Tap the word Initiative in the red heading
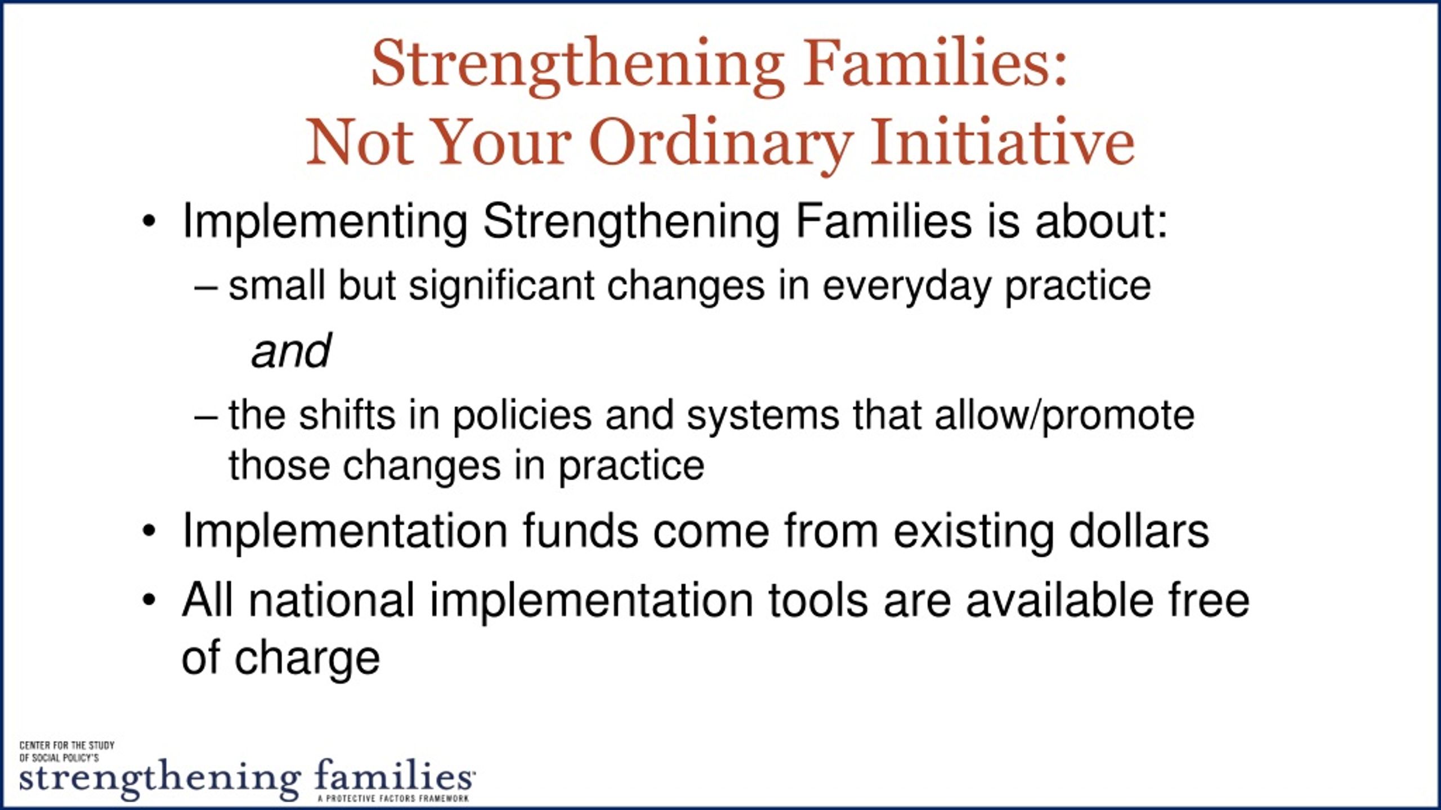click(1003, 141)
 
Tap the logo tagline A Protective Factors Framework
click(393, 799)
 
